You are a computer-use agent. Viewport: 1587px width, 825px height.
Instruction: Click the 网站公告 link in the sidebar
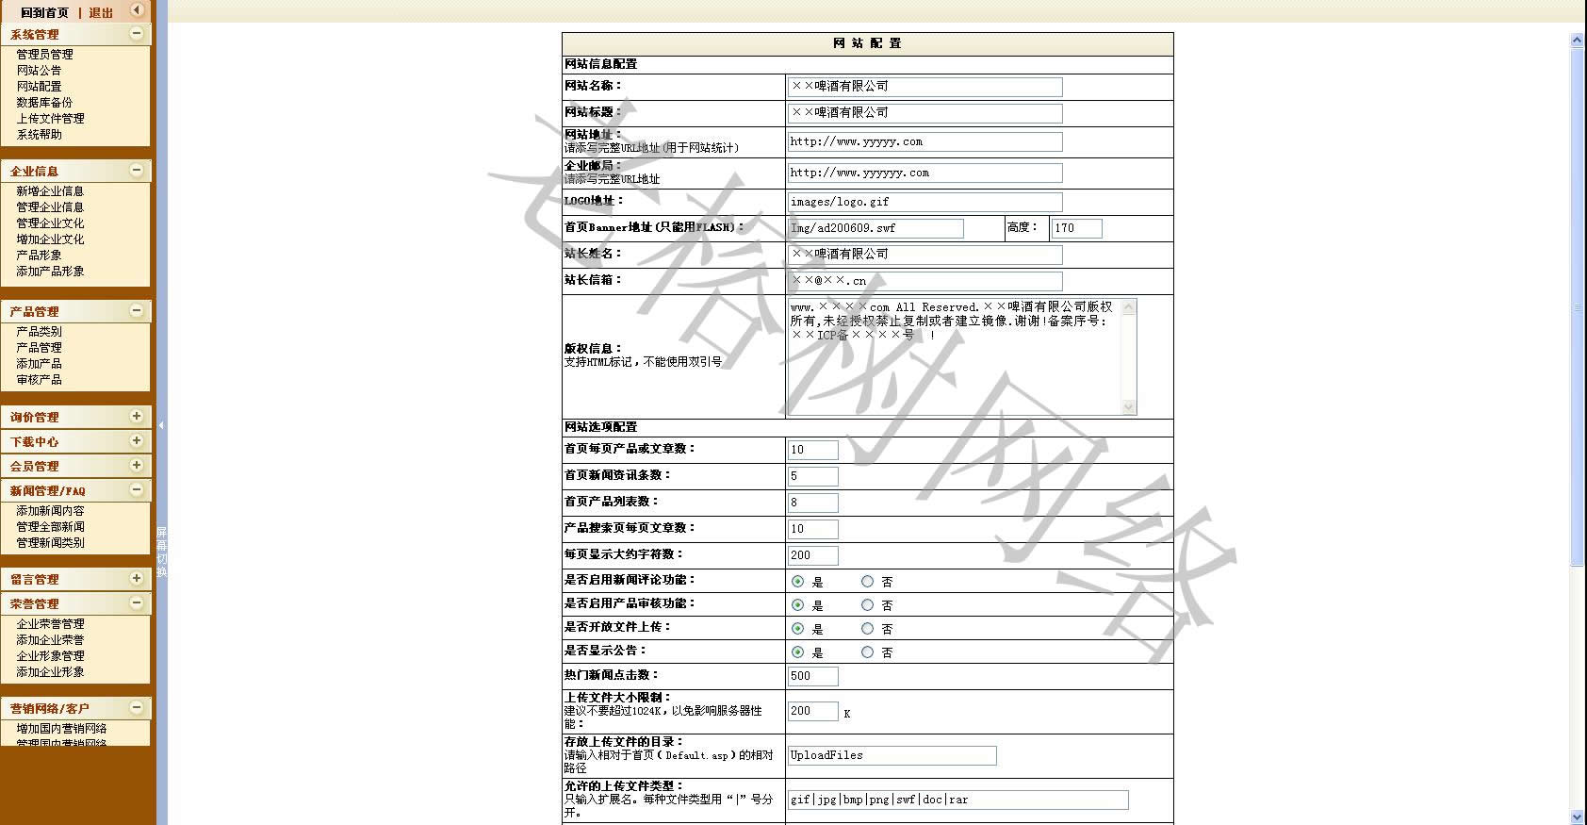(39, 71)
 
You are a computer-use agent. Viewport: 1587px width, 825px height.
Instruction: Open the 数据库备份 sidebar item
(44, 103)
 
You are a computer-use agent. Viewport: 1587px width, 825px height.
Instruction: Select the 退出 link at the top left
(101, 13)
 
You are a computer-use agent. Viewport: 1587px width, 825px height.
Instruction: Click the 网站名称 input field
(924, 87)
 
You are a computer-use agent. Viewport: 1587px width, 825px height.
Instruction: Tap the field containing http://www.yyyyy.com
(924, 142)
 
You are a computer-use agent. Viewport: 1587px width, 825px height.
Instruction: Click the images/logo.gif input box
(924, 202)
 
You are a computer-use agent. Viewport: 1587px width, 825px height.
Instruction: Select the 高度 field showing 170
(1076, 228)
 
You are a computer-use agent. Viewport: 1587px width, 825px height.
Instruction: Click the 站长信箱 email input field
(924, 281)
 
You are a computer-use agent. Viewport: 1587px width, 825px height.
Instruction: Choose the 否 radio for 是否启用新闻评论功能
(868, 582)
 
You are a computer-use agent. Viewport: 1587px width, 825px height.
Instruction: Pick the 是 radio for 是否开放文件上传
(798, 629)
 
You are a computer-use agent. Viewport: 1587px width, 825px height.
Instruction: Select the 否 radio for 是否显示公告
(868, 652)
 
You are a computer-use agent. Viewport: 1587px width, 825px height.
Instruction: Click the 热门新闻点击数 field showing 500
(812, 676)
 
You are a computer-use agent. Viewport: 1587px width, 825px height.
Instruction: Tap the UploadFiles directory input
(892, 755)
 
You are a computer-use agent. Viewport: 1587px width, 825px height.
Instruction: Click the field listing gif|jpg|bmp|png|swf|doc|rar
(957, 800)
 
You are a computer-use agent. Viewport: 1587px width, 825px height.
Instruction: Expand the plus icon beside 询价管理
(137, 416)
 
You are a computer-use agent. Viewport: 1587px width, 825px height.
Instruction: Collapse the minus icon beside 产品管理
(137, 310)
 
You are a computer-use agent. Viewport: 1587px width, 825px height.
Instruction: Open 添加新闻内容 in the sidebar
(50, 511)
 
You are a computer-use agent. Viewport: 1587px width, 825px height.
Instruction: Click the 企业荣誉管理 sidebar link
(50, 624)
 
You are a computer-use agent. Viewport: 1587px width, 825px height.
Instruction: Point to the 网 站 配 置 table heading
(867, 43)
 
